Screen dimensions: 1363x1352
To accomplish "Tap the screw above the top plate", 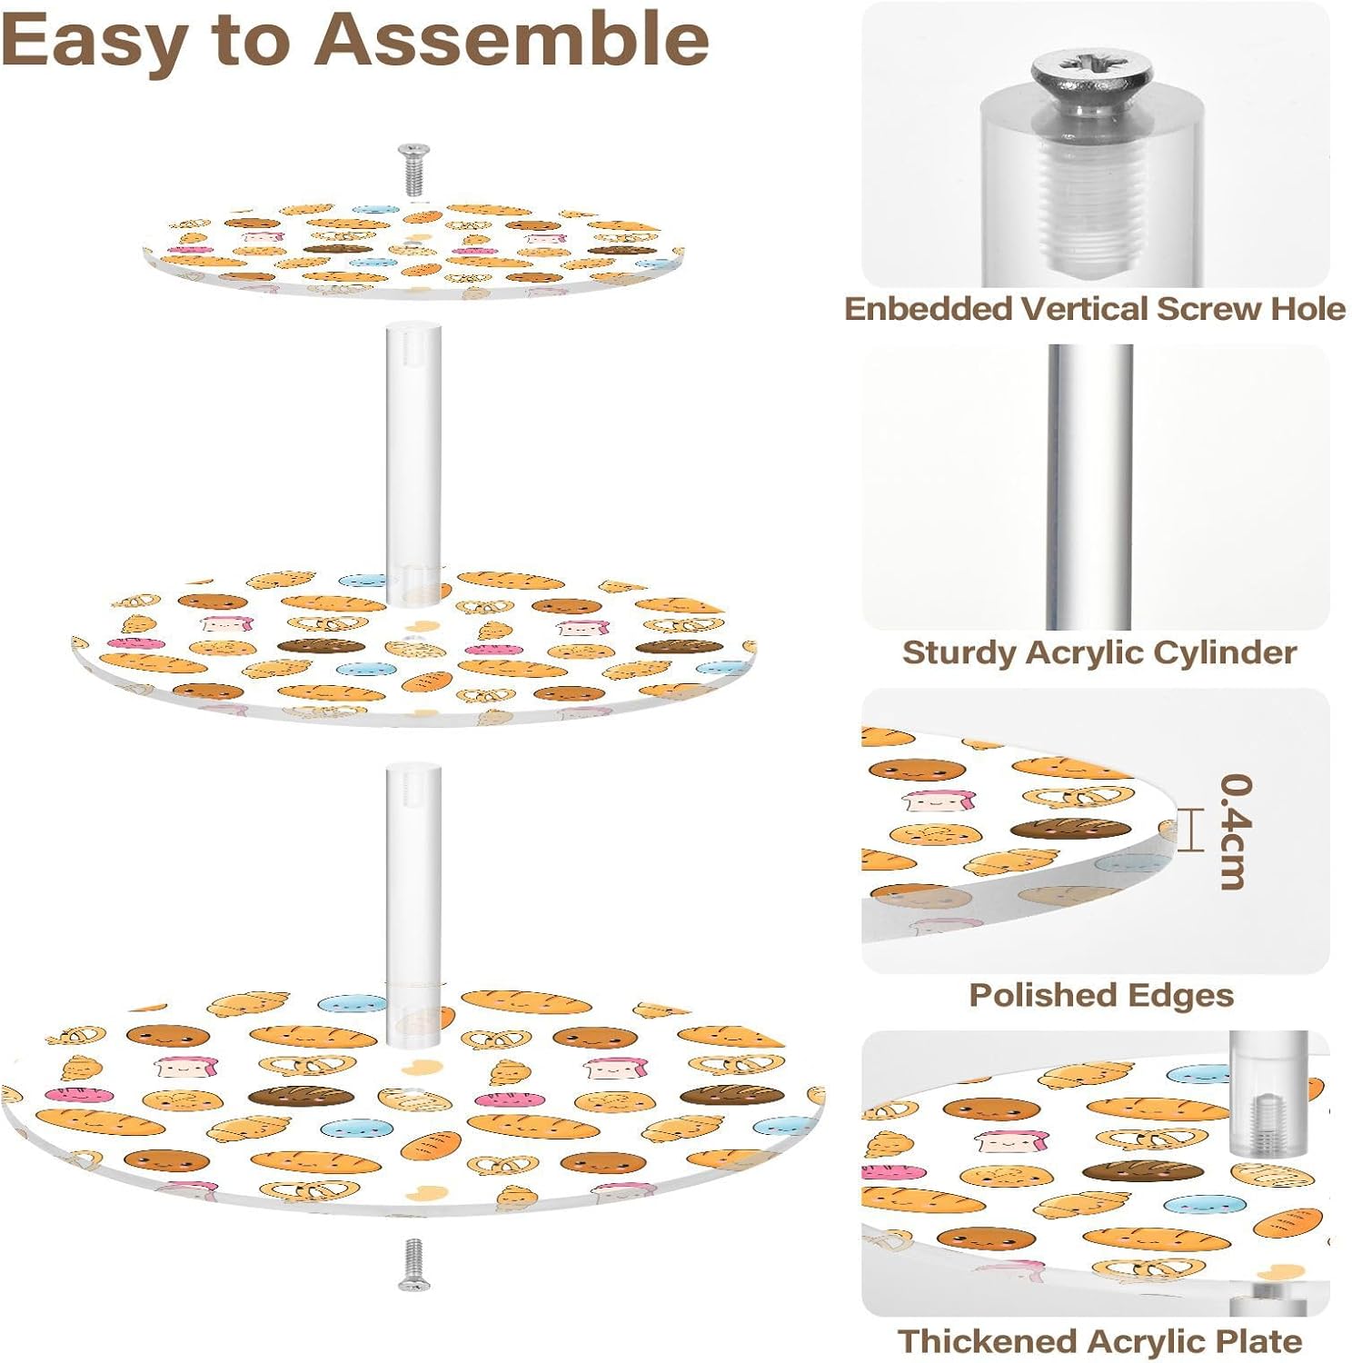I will tap(413, 169).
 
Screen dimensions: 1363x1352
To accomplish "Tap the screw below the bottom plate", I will tap(413, 1264).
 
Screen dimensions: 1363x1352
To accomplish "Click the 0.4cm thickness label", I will tap(1236, 831).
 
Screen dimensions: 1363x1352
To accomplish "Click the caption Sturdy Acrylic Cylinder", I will tap(1098, 652).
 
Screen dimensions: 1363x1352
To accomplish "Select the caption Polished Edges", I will tap(1101, 995).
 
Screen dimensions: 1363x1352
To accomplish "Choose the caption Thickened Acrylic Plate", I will tap(1099, 1341).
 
